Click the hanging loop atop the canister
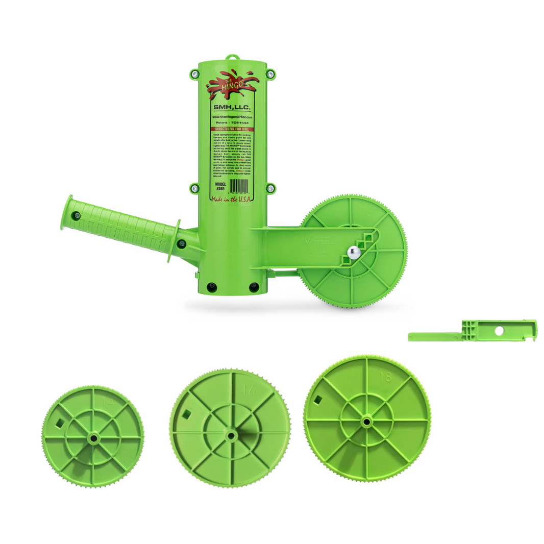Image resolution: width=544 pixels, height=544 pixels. (233, 57)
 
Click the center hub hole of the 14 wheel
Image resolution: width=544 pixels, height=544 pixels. (93, 438)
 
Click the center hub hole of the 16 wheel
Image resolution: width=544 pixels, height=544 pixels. (230, 435)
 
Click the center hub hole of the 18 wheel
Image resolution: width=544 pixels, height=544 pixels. (366, 421)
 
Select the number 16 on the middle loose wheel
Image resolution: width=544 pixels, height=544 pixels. (250, 390)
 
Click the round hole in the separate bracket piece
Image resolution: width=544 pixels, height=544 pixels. (499, 331)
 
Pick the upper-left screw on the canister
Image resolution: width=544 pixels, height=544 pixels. (194, 75)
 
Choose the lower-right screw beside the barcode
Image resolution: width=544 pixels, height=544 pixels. (270, 188)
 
